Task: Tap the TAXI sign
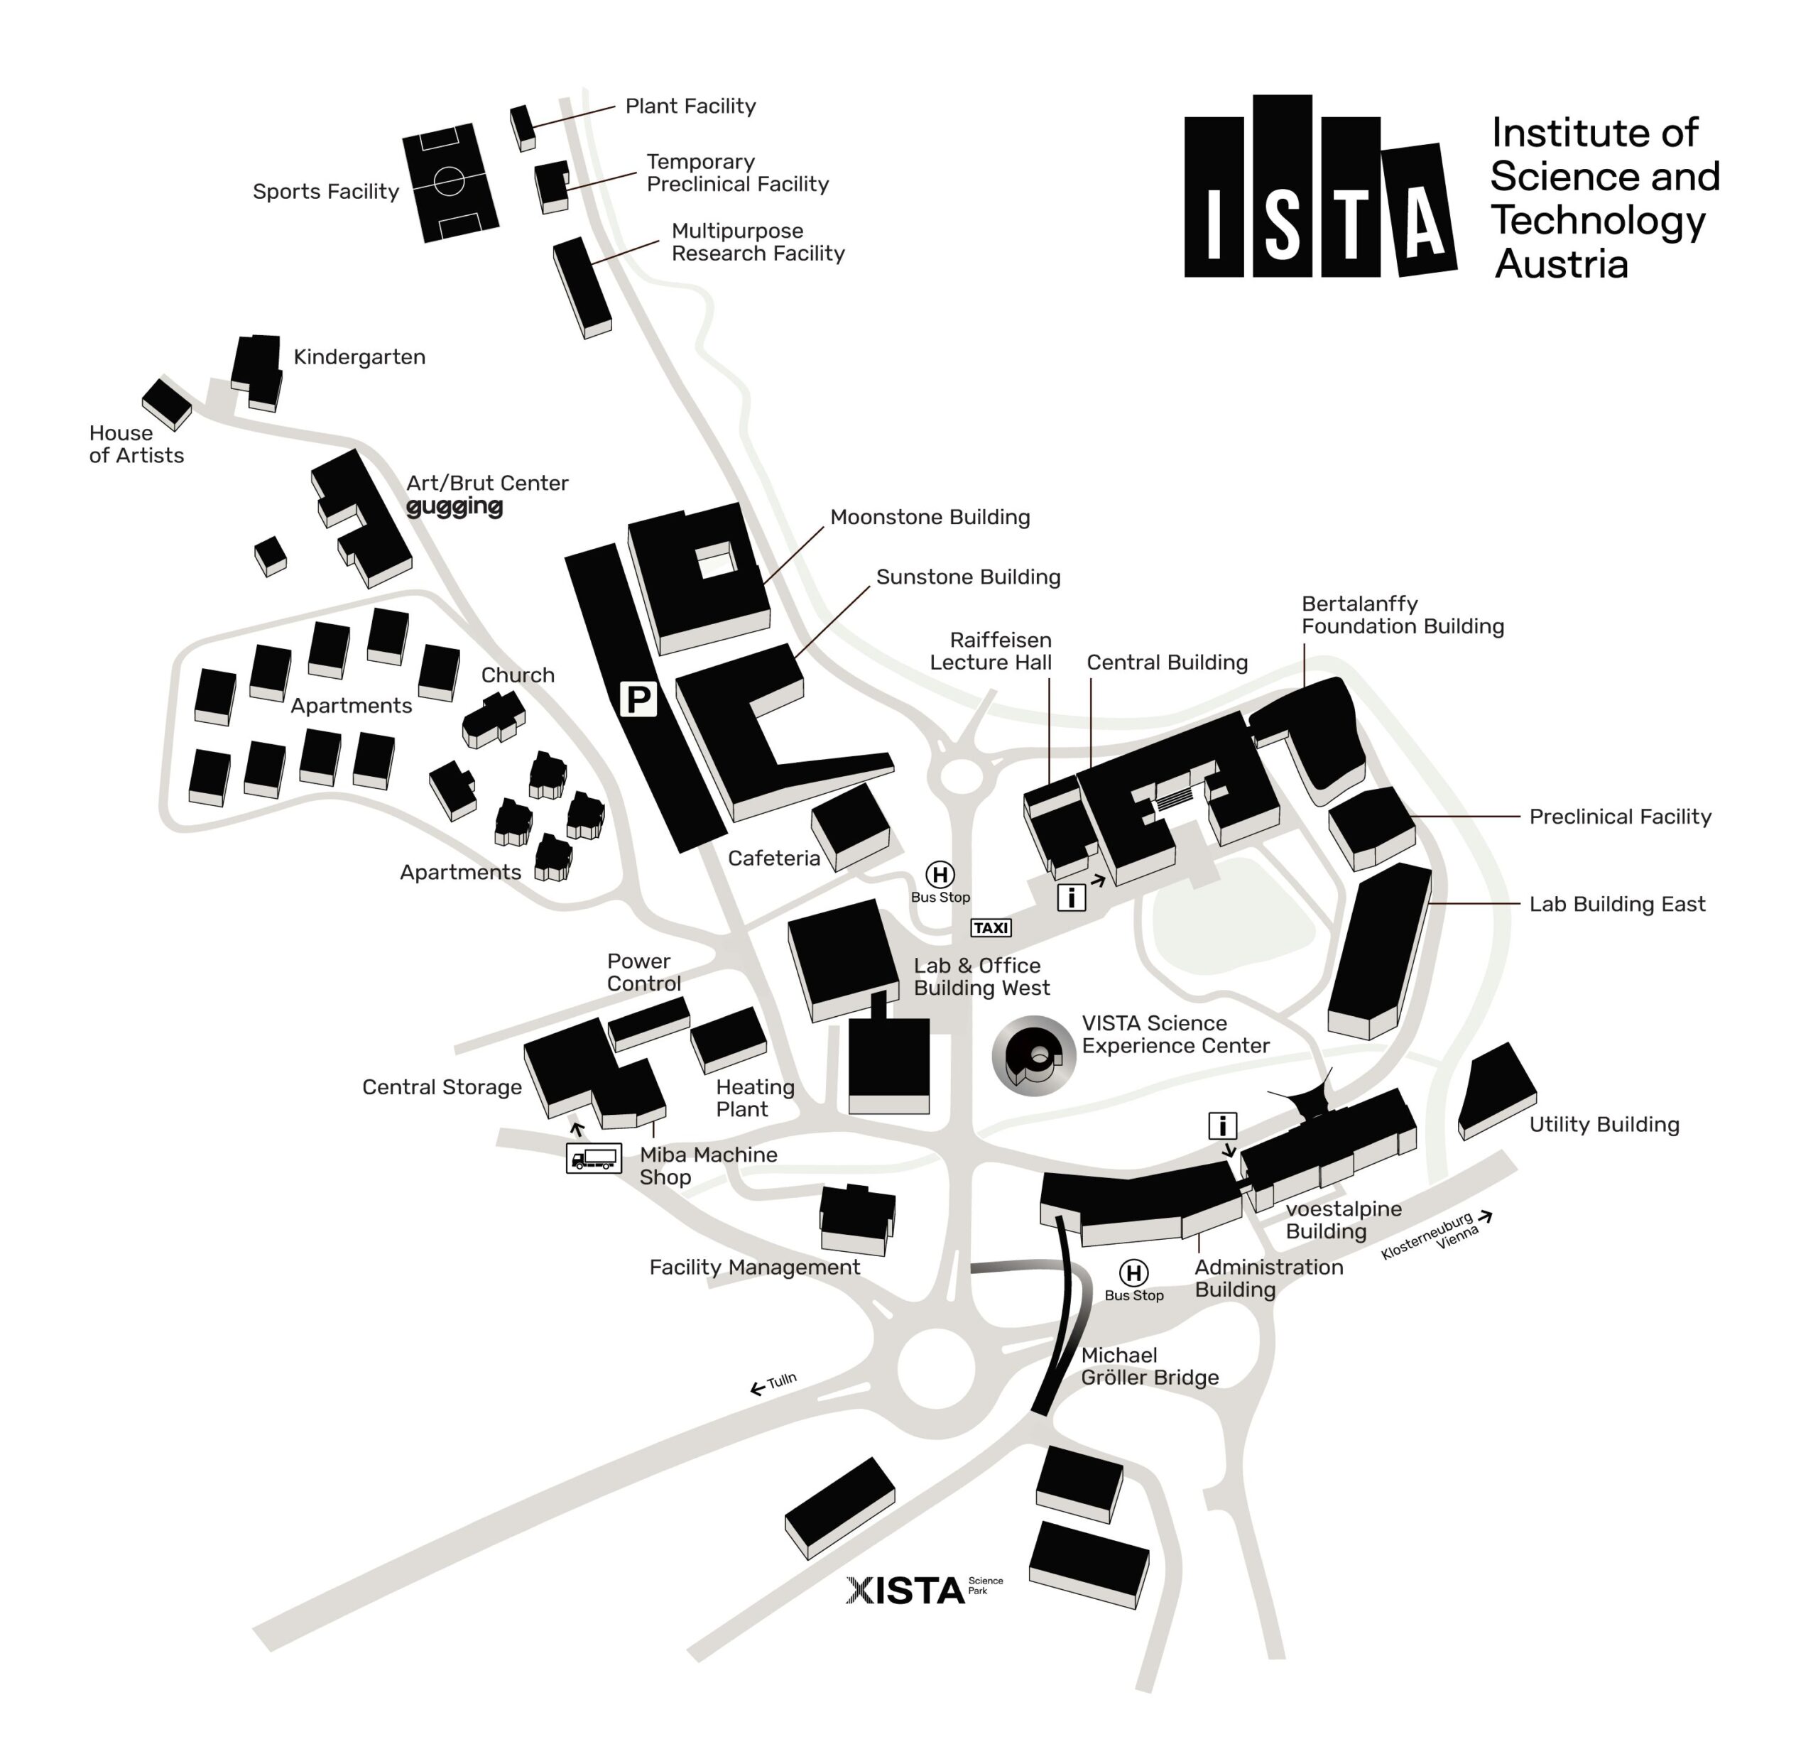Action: click(990, 927)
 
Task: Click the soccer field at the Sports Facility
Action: click(450, 182)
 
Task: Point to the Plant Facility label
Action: click(690, 107)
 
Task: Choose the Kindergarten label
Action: click(359, 357)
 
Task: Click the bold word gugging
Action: click(454, 506)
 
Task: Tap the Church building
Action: click(494, 719)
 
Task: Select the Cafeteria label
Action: click(773, 858)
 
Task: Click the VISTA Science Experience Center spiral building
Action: click(1033, 1056)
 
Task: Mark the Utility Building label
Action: click(1603, 1124)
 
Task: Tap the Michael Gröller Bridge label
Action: click(1148, 1366)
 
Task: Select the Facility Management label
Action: click(753, 1268)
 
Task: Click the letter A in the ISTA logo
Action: click(1420, 209)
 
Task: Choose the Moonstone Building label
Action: click(929, 517)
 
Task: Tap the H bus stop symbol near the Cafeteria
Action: click(939, 874)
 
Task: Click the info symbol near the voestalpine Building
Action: click(1222, 1126)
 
